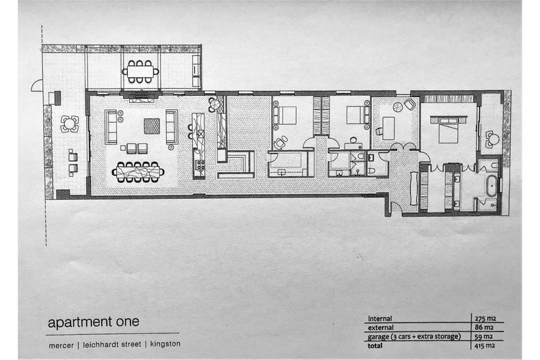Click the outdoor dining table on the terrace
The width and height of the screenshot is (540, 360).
[140, 70]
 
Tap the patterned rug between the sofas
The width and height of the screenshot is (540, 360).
[151, 126]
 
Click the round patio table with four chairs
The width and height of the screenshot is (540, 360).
[69, 124]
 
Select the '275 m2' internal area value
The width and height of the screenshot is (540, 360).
[486, 318]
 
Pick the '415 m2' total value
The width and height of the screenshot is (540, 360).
[486, 346]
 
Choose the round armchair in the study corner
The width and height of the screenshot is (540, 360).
[409, 105]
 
